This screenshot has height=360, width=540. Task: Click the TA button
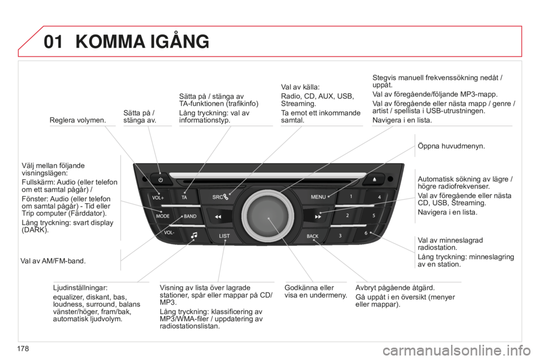pyautogui.click(x=184, y=197)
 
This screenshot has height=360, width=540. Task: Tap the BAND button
pyautogui.click(x=189, y=215)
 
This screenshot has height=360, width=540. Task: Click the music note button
pyautogui.click(x=194, y=236)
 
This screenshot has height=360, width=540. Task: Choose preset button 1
pyautogui.click(x=350, y=197)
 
